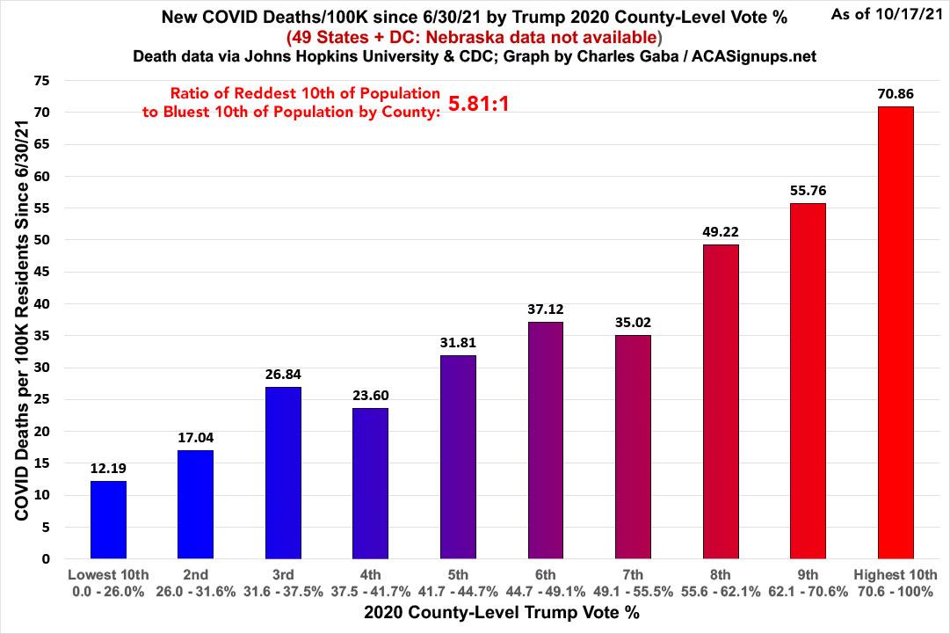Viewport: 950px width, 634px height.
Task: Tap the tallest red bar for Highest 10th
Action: pyautogui.click(x=896, y=332)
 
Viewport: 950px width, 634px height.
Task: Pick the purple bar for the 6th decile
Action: pyautogui.click(x=546, y=441)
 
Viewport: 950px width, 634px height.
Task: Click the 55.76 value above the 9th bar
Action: pyautogui.click(x=809, y=190)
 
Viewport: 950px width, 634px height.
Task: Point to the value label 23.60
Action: pyautogui.click(x=371, y=395)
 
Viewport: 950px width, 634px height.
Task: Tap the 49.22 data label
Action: pyautogui.click(x=721, y=231)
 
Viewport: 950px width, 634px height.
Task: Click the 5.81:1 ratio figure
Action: pyautogui.click(x=480, y=104)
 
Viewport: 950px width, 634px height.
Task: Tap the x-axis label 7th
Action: pyautogui.click(x=633, y=575)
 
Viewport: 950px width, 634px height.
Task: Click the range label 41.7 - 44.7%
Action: pyautogui.click(x=458, y=592)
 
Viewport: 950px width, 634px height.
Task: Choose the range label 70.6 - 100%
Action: pyautogui.click(x=896, y=592)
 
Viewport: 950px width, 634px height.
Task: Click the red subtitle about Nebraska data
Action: pyautogui.click(x=476, y=37)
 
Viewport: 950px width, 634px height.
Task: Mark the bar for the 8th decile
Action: pyautogui.click(x=721, y=402)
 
